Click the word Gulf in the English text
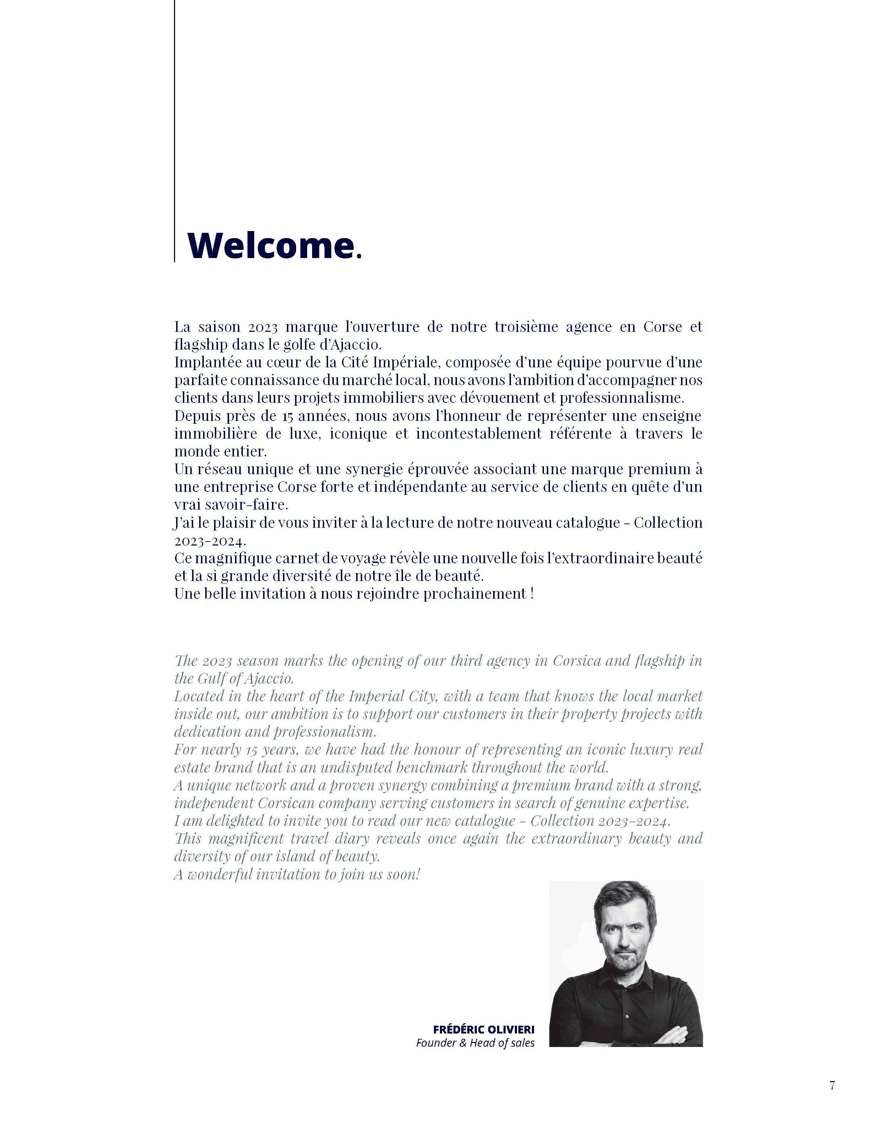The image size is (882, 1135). pos(211,679)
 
